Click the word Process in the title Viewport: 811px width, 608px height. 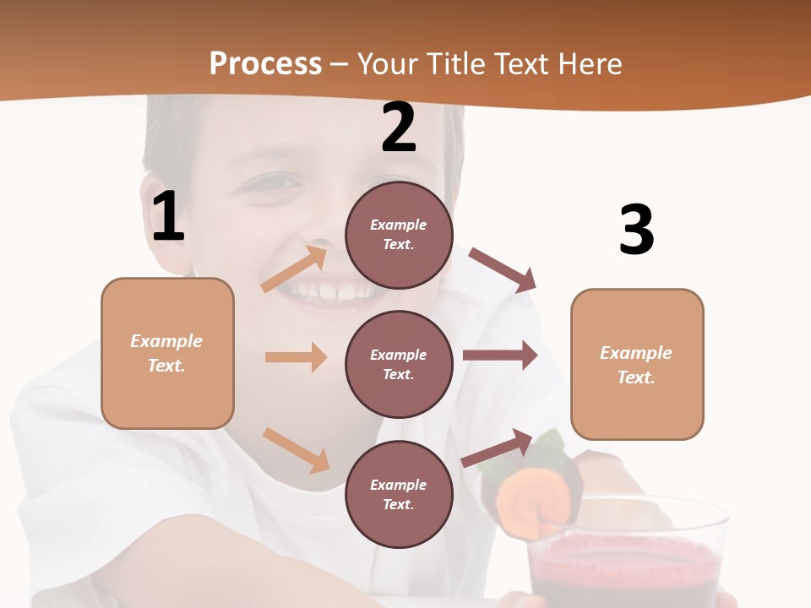coord(265,63)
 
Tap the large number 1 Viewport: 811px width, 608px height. coord(168,217)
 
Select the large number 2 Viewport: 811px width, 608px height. coord(399,128)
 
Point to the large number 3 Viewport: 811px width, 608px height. coord(636,231)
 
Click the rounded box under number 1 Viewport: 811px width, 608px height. coord(167,352)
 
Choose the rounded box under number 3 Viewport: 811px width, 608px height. coord(637,364)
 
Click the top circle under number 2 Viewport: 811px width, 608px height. coord(399,235)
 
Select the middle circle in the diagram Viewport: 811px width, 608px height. coord(399,364)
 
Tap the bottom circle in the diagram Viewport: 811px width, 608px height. coord(399,494)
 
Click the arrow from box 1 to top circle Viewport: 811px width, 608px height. coord(294,269)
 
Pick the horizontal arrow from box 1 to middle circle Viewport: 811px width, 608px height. coord(296,357)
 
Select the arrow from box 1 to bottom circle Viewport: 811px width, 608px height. coord(296,450)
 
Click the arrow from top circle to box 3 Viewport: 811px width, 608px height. coord(503,269)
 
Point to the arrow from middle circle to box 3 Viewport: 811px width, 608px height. coord(499,356)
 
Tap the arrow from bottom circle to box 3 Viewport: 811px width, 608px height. coord(498,448)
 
